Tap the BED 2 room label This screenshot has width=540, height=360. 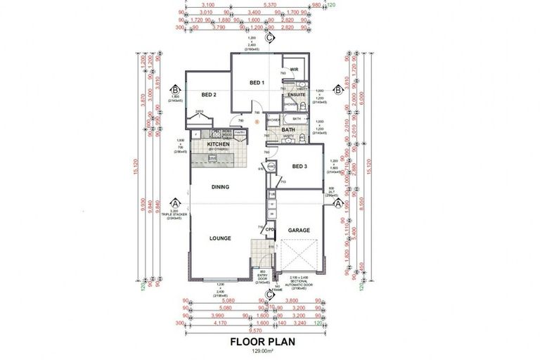tap(208, 95)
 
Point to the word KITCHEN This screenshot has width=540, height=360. tap(219, 144)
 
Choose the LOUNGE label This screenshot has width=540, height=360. tap(220, 238)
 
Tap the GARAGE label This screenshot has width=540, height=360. tap(299, 229)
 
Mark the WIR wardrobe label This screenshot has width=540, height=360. tap(295, 70)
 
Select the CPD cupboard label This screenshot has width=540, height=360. tap(269, 229)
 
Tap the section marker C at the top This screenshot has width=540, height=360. tap(269, 40)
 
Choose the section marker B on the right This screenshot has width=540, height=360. tap(337, 90)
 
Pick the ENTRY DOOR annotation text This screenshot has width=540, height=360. tap(262, 277)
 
